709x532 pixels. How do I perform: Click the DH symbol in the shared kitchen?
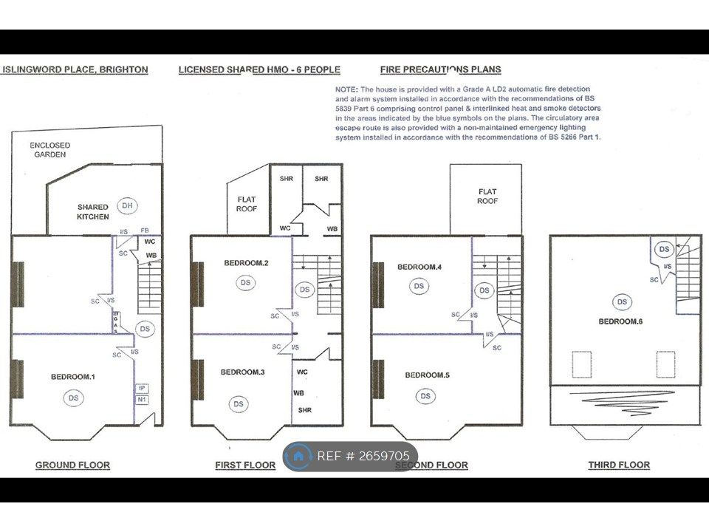(127, 205)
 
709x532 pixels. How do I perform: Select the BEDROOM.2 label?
(246, 263)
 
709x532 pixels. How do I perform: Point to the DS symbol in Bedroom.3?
(239, 403)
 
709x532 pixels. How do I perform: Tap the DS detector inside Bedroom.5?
(425, 397)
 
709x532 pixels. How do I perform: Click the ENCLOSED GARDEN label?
(49, 150)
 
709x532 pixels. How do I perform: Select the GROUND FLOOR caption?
(72, 465)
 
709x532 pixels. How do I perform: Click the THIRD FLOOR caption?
(619, 465)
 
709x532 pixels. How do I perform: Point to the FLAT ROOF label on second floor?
(487, 196)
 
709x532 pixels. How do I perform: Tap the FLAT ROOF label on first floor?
(247, 203)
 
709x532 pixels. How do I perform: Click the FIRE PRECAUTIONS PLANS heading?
(440, 69)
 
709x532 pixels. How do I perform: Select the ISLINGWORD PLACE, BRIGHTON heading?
(75, 69)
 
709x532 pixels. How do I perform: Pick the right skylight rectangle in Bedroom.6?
(665, 364)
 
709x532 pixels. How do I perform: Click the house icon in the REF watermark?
(299, 456)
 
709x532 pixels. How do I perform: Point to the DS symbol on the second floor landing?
(484, 290)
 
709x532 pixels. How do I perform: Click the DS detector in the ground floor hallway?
(145, 329)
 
